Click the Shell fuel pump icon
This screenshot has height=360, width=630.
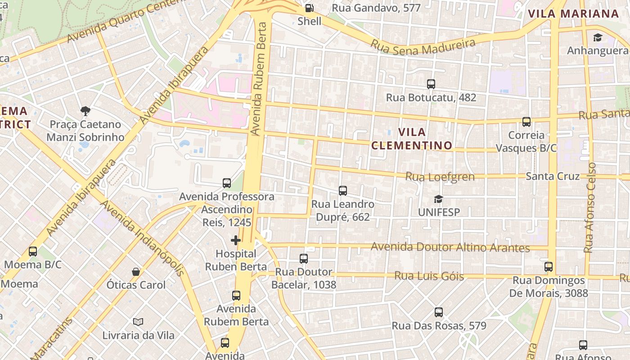click(x=309, y=8)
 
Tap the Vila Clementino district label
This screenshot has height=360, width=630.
click(x=412, y=139)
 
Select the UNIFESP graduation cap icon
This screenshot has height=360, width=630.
click(x=438, y=199)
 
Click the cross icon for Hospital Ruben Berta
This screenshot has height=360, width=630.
click(x=236, y=240)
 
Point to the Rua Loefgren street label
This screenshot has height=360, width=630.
click(x=440, y=176)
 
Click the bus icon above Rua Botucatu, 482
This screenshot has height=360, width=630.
click(x=431, y=84)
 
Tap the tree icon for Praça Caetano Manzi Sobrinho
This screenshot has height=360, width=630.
click(x=85, y=111)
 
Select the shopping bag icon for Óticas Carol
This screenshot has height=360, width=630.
click(x=136, y=272)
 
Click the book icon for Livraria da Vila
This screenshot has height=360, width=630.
click(x=138, y=322)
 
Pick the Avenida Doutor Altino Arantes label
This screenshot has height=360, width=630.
click(x=450, y=247)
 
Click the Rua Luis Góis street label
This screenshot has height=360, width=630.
click(x=429, y=275)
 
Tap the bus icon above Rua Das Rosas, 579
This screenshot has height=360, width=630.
click(x=439, y=312)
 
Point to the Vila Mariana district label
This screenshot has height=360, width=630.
click(x=573, y=13)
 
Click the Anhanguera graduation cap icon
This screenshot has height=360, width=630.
click(x=598, y=37)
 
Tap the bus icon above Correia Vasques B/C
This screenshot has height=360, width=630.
click(x=526, y=121)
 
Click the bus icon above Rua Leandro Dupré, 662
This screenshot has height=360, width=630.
click(x=343, y=191)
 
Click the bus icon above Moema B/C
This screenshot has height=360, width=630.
click(x=33, y=251)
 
